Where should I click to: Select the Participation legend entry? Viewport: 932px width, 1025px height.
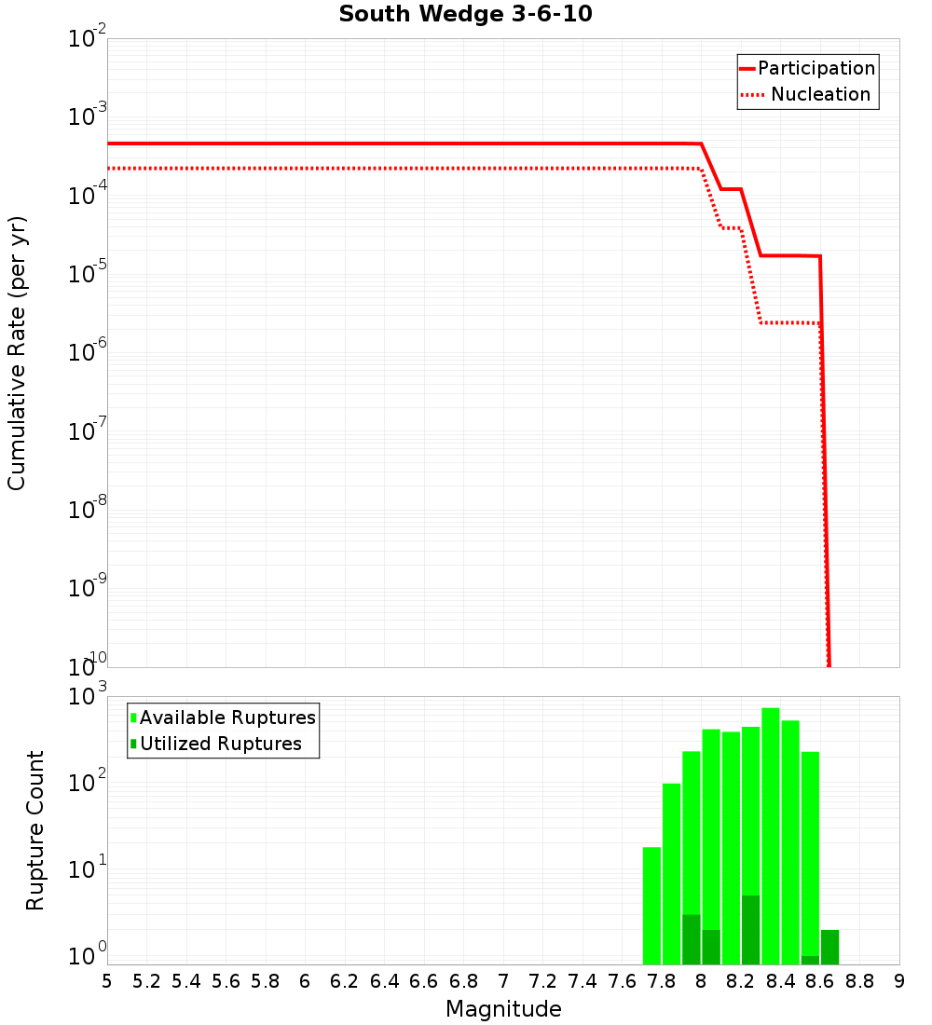815,68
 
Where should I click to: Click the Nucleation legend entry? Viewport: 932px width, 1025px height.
819,94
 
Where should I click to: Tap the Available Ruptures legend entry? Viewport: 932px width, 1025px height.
226,717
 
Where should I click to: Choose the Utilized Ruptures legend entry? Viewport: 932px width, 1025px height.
220,744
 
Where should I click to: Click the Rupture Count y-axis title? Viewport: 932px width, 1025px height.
35,830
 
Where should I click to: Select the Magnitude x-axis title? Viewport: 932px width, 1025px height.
503,1009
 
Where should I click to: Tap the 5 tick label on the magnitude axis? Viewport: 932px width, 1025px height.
107,980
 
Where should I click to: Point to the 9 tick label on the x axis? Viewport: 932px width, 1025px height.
899,980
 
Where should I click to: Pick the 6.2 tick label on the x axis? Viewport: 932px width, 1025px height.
345,980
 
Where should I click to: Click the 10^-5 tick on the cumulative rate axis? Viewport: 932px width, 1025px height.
86,275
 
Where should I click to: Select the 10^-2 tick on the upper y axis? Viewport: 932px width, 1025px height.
86,39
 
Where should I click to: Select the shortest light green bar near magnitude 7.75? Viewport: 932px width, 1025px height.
651,904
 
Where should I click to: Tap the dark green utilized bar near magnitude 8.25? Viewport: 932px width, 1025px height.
750,930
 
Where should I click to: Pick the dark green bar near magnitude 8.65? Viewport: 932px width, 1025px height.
829,947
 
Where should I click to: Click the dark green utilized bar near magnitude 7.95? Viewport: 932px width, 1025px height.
691,939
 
